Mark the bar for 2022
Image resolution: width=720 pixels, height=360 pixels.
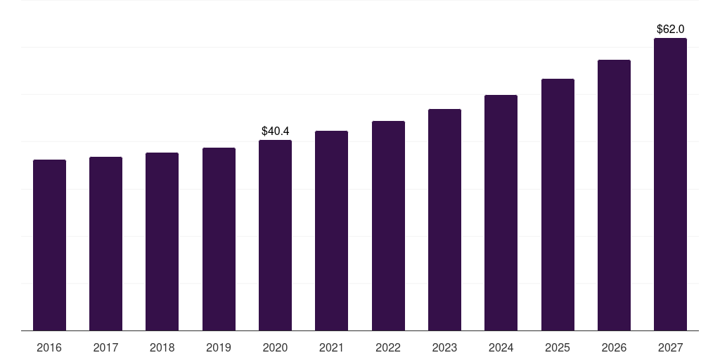388,226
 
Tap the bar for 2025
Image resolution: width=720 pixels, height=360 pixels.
558,205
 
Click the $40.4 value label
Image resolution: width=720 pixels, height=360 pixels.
275,131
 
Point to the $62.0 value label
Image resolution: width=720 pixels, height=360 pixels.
670,30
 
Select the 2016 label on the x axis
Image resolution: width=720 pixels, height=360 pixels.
49,348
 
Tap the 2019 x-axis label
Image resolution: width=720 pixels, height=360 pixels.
219,348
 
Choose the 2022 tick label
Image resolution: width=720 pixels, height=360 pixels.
388,348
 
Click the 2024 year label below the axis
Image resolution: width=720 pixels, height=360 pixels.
501,348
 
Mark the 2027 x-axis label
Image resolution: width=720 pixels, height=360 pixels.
670,348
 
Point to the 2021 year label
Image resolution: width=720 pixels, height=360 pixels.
331,348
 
